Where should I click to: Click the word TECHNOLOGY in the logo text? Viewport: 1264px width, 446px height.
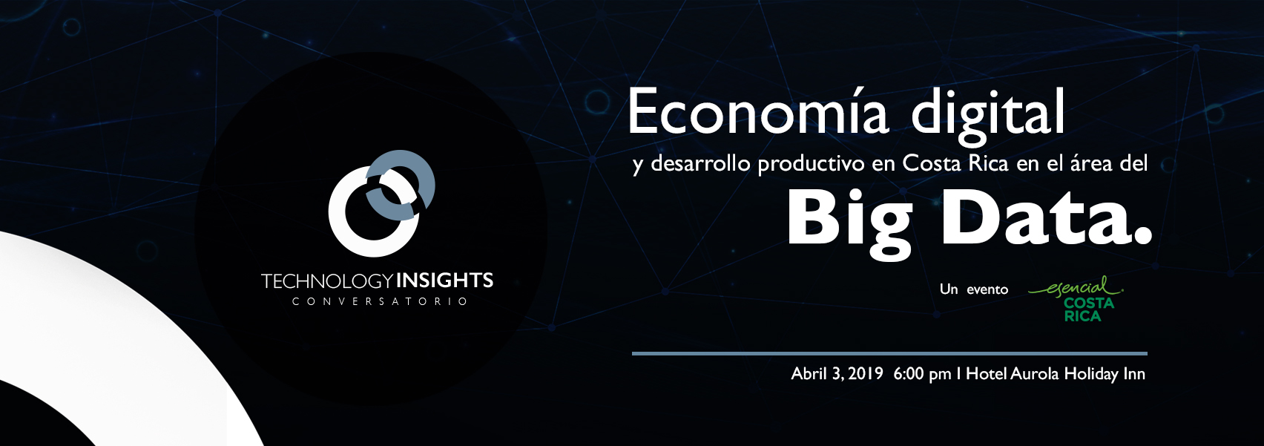coord(327,281)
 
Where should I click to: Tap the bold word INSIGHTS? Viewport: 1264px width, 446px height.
coord(445,281)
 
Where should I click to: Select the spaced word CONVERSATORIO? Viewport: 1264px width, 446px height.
coord(380,301)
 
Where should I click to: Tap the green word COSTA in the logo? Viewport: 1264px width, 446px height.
coord(1089,304)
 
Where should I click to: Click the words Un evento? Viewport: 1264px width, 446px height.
coord(974,289)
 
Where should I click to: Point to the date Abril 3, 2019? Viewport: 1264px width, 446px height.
coord(837,374)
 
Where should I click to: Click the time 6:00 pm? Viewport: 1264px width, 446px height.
coord(922,374)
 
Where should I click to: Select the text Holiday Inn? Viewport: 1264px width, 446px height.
coord(1105,374)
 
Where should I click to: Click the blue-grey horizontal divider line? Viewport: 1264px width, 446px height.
coord(889,353)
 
